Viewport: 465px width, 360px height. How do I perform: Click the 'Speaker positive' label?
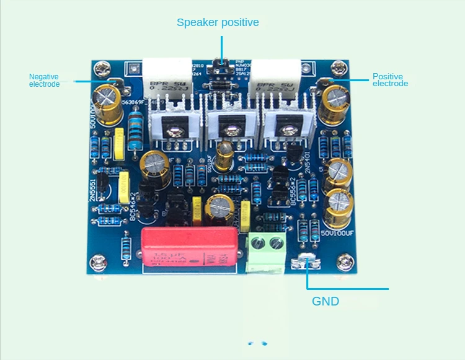(x=218, y=22)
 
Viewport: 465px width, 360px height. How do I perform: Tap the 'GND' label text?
(x=325, y=302)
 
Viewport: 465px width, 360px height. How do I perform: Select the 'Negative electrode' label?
(x=45, y=80)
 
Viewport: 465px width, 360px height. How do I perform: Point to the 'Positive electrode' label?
(x=390, y=80)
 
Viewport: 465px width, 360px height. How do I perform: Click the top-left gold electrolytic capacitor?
(x=107, y=99)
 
